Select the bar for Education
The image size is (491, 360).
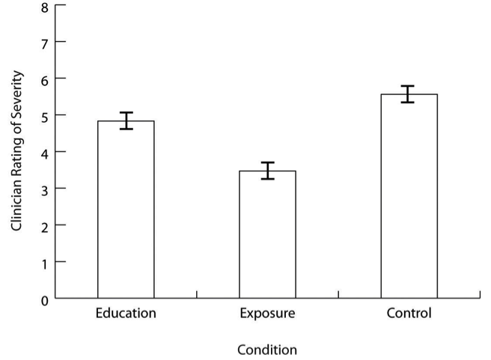tap(126, 210)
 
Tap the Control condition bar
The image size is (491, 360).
tap(409, 196)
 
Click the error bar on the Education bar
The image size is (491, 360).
tap(126, 120)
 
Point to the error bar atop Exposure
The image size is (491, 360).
tap(267, 171)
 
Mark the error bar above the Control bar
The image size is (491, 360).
tap(409, 94)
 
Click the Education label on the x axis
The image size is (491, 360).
tap(126, 313)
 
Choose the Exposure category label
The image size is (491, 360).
tap(267, 313)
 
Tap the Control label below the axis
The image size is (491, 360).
tap(409, 313)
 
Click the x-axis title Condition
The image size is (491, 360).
tap(266, 350)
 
